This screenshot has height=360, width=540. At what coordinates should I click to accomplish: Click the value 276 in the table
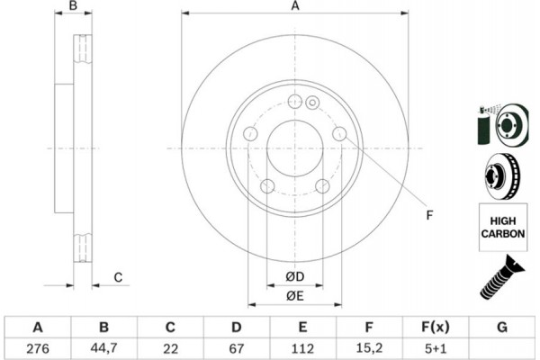(x=38, y=346)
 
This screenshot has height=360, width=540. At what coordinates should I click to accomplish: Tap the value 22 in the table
(x=170, y=346)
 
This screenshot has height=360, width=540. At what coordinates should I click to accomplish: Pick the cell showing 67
(x=237, y=346)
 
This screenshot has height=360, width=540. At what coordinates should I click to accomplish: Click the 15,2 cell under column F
(x=369, y=346)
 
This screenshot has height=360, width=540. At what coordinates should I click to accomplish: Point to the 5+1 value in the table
(x=436, y=346)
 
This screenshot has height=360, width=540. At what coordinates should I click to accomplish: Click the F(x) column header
(x=436, y=326)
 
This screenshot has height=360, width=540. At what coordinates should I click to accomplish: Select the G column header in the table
(x=502, y=326)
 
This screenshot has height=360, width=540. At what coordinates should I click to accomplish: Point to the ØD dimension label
(x=294, y=275)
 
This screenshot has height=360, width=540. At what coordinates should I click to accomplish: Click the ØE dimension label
(x=294, y=295)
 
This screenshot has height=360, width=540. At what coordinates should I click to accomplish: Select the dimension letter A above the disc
(x=294, y=8)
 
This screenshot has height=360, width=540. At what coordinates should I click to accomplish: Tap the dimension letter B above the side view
(x=75, y=8)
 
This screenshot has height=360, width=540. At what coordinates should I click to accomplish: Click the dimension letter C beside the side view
(x=118, y=277)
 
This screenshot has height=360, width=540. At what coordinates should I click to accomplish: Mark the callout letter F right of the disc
(x=429, y=214)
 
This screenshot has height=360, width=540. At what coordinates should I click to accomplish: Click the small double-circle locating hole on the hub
(x=312, y=102)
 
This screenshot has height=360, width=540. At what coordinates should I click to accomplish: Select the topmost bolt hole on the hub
(x=294, y=102)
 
